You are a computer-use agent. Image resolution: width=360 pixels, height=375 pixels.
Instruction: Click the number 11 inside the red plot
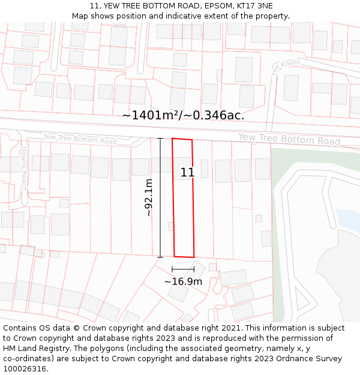[x=187, y=173]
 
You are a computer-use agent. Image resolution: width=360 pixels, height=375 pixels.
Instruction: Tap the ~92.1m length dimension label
[x=149, y=197]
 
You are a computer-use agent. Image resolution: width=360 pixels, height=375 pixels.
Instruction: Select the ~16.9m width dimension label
[x=183, y=281]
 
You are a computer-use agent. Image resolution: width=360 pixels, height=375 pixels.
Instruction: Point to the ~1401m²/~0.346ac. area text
[x=183, y=115]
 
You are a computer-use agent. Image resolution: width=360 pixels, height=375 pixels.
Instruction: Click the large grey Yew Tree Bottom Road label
[x=289, y=139]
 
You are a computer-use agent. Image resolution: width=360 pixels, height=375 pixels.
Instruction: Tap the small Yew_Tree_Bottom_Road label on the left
[x=80, y=139]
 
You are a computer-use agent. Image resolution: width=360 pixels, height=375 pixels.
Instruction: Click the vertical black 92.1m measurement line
[x=160, y=198]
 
